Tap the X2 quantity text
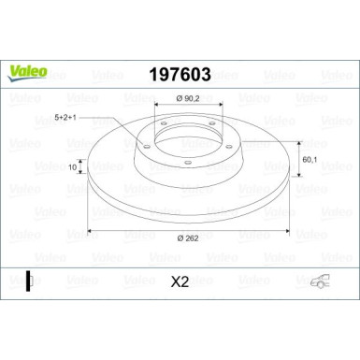(x=179, y=279)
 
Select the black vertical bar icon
(x=29, y=279)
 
